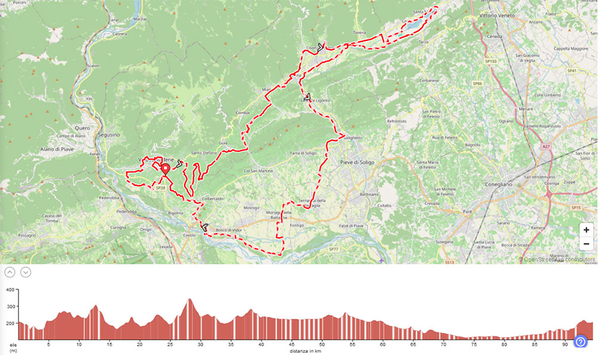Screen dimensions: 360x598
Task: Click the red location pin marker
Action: coord(166,169)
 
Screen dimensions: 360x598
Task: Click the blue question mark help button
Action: coord(581,341)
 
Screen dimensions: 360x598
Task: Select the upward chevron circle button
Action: coord(10,272)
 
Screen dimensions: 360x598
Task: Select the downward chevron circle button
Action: coord(26,272)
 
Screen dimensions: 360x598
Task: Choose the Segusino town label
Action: coord(106,135)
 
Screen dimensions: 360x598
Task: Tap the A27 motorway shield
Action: coord(545,145)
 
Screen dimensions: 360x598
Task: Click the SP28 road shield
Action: coord(160,188)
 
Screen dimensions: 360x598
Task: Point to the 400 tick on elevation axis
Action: coord(10,289)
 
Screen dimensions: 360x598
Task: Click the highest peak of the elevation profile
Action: coord(190,299)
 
